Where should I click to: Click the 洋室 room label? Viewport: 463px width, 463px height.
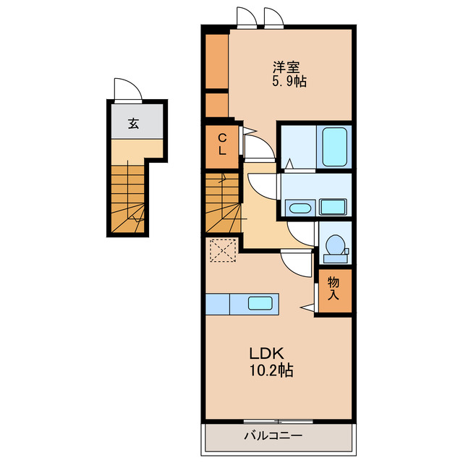[286, 67]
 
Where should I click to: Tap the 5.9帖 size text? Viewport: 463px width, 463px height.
[289, 81]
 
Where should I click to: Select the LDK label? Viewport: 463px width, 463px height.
[267, 353]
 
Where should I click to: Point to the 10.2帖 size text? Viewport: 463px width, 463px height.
[271, 370]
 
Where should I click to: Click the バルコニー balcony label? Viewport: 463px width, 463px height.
[273, 436]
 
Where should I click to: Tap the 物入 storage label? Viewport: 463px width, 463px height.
[333, 289]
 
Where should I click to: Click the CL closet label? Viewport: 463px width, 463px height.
[222, 145]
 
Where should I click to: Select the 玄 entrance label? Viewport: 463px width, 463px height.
[133, 124]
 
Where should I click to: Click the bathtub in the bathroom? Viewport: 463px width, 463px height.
[334, 147]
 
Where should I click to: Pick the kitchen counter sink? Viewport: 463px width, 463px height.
[260, 303]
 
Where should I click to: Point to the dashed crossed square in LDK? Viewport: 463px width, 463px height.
[223, 250]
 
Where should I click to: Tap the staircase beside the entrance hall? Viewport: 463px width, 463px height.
[127, 199]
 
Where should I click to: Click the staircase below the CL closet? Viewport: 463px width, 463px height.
[222, 203]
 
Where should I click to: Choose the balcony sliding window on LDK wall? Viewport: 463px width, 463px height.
[278, 421]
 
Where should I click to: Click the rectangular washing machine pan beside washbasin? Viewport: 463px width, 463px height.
[333, 207]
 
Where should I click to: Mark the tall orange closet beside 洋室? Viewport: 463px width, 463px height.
[217, 61]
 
